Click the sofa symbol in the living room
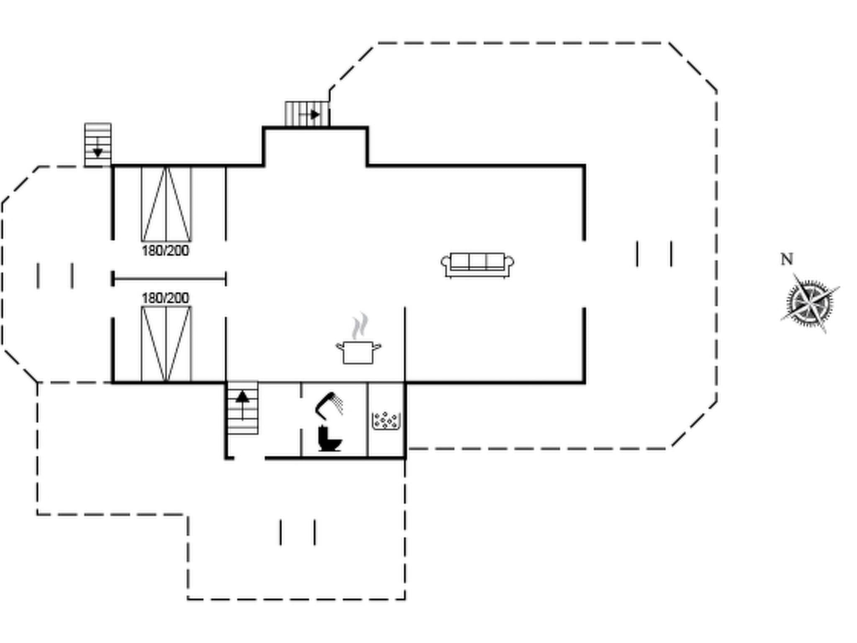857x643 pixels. coord(477,265)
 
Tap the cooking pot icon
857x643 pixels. coord(358,352)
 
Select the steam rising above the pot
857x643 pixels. coord(360,325)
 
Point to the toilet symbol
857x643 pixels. coord(329,438)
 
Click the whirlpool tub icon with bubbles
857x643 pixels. coord(386,421)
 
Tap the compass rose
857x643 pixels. coord(810,302)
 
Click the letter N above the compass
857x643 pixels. coord(787,259)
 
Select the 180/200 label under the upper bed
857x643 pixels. coord(165,251)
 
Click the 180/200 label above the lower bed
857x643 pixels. coord(165,298)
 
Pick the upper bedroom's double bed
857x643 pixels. coord(166,204)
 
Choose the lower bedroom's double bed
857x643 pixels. coord(166,344)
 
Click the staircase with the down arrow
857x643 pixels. coord(98,144)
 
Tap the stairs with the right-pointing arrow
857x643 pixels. coord(307,113)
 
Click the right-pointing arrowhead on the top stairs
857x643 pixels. coord(316,114)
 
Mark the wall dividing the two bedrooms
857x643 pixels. coord(169,278)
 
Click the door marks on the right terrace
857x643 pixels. coord(654,254)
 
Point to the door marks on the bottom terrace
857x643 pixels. coord(298,532)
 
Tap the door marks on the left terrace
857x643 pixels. coord(55,276)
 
